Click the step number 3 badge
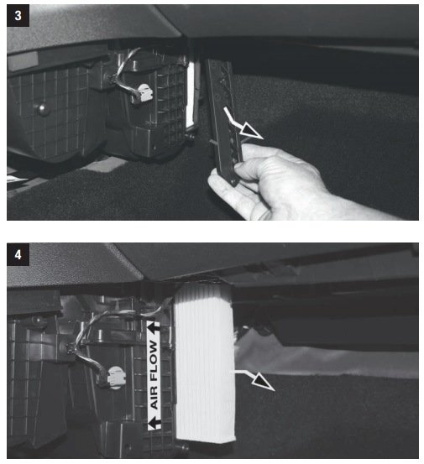[18, 16]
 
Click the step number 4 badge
[18, 254]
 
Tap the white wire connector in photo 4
[117, 378]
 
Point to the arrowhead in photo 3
[252, 132]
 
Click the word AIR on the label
[154, 397]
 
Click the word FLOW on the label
[154, 361]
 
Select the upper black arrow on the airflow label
[154, 327]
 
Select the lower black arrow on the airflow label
[154, 423]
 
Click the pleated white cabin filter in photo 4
[204, 362]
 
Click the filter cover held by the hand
[224, 122]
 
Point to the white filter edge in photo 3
[190, 94]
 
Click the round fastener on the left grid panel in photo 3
[41, 108]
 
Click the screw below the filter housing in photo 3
[190, 137]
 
